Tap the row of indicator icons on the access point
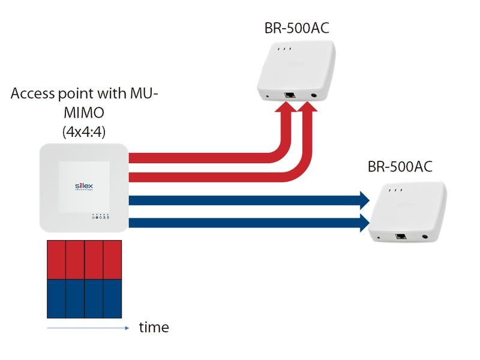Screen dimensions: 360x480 tap(101, 218)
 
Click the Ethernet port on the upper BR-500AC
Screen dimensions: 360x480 tap(290, 95)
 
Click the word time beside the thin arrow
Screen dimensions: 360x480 tap(154, 328)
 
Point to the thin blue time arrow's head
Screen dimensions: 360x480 tap(126, 328)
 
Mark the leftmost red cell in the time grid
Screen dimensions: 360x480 tap(56, 260)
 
